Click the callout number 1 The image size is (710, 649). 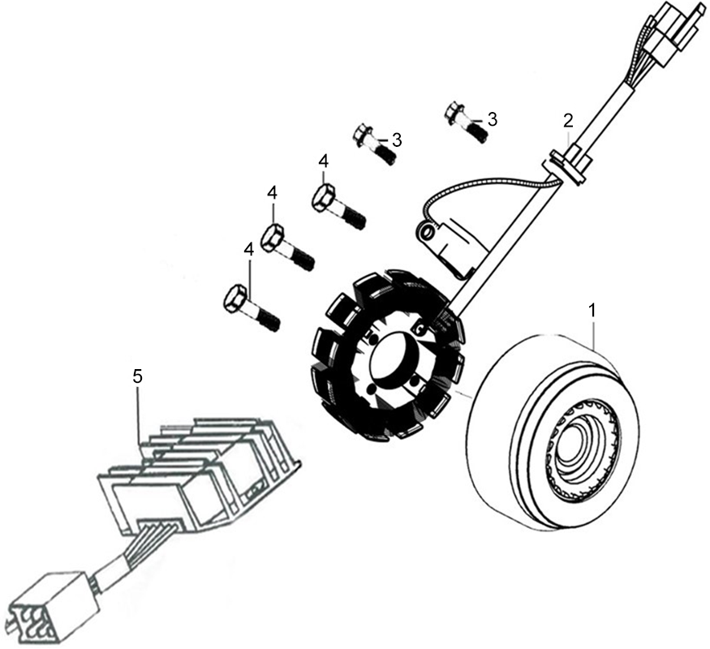point(592,311)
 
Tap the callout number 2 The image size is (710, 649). point(568,121)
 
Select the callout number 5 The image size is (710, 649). point(138,376)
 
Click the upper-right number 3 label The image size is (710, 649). point(493,119)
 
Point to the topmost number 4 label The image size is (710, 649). point(323,161)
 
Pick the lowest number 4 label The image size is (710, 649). point(248,251)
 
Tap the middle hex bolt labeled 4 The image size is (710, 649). point(288,247)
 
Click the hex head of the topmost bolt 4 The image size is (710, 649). point(324,197)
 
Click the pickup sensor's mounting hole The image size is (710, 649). point(426,233)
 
